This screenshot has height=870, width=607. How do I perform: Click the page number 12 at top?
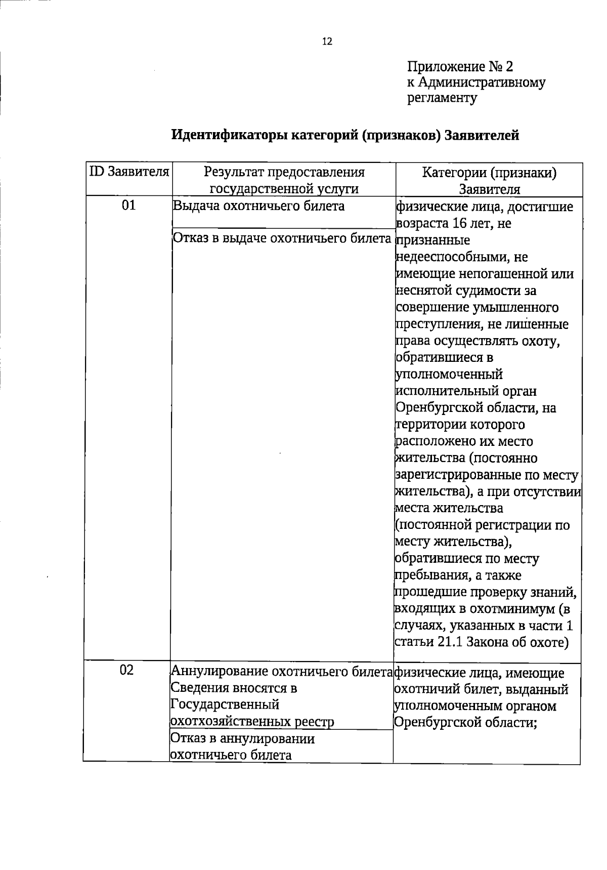point(327,42)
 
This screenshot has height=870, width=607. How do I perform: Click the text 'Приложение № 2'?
point(460,67)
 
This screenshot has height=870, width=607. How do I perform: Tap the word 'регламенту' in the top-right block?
point(442,98)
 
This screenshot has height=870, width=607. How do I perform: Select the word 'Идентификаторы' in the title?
point(230,135)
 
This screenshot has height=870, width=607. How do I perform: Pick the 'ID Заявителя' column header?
point(129,172)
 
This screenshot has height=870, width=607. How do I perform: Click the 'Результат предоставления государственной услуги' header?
point(284,180)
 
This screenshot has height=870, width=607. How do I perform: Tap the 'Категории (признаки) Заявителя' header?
point(489,180)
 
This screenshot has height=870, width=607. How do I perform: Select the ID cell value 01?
point(129,205)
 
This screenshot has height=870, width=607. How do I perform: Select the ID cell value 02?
point(127,670)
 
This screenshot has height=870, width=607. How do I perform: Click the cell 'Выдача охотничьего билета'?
point(258,206)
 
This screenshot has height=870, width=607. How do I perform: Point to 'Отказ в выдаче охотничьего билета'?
point(283,238)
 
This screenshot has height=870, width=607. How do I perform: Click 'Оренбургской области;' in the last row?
point(465,722)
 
